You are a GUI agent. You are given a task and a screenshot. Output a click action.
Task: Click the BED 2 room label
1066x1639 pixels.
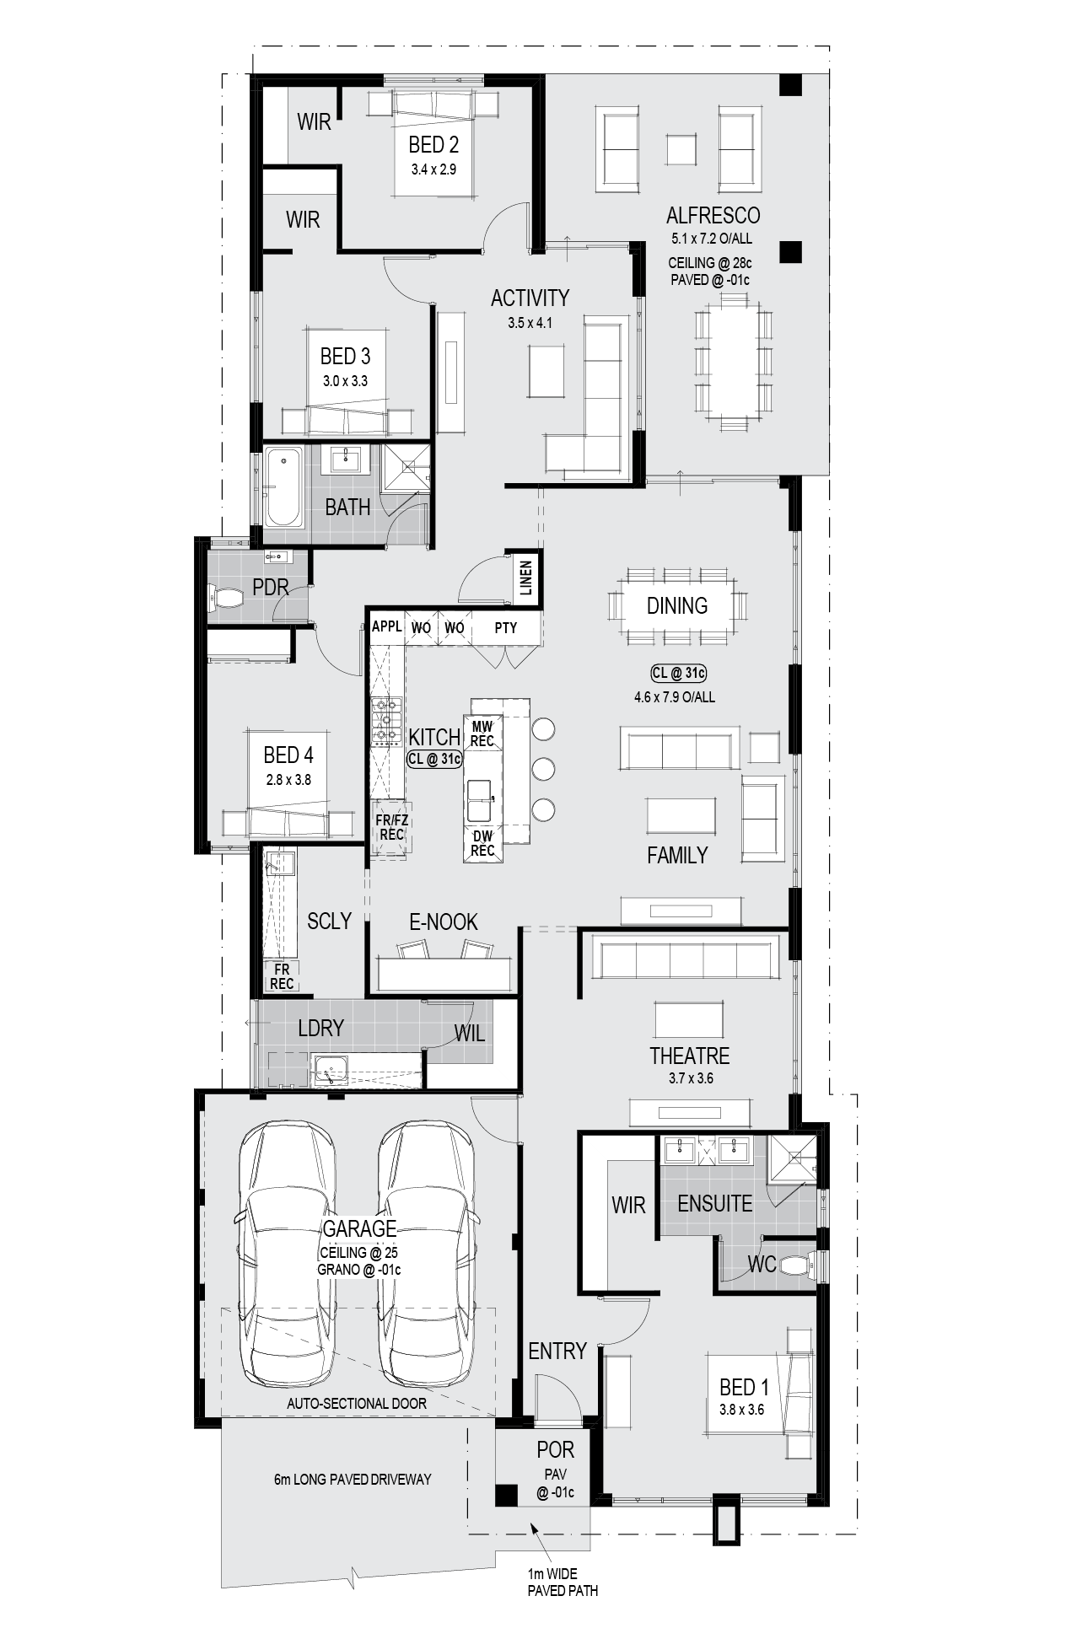point(433,144)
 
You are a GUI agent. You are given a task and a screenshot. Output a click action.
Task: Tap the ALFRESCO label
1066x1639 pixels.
point(713,216)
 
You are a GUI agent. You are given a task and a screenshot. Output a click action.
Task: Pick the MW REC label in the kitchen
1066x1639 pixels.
point(482,734)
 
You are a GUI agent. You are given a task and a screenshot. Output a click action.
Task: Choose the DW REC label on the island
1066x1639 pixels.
point(482,843)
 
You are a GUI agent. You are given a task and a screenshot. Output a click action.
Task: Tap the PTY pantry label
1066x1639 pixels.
point(506,627)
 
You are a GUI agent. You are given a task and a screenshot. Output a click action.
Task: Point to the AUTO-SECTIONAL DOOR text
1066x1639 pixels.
point(357,1404)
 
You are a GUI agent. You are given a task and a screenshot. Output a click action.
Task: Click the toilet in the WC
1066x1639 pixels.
point(795,1266)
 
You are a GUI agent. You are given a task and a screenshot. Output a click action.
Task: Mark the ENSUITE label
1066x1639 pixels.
point(715,1203)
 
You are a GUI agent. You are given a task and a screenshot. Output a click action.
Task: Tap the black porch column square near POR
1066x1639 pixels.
point(505,1495)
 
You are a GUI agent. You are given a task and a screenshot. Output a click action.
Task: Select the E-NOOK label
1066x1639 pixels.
point(444,922)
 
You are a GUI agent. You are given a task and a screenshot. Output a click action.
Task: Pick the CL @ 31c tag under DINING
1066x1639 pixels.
point(678,673)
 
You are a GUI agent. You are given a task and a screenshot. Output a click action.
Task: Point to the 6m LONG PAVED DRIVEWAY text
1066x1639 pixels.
point(353,1479)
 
